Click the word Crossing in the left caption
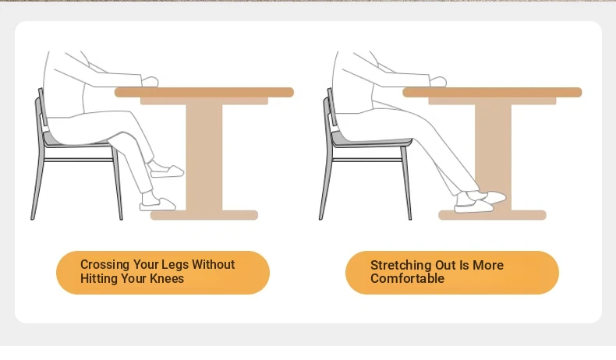[105, 265]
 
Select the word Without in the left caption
[214, 264]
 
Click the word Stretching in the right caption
[401, 266]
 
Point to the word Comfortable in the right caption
[407, 278]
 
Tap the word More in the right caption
[488, 265]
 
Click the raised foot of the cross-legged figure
[167, 171]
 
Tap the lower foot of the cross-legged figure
[158, 203]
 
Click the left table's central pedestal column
[204, 157]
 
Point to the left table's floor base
[204, 215]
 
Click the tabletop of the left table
[204, 92]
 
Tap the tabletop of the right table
[492, 92]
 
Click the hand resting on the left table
[150, 82]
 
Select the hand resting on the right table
[438, 82]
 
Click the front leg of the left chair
[118, 183]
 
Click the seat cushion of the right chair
[371, 140]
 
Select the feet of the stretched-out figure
[480, 201]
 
